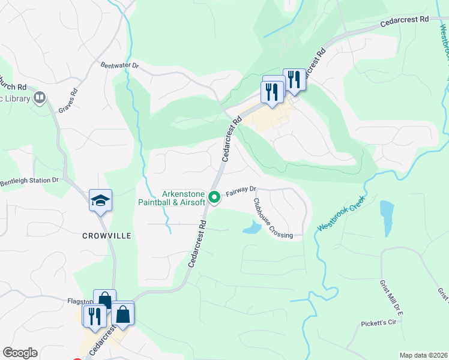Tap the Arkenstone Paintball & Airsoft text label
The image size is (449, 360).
184,198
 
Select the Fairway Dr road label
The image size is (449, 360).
241,191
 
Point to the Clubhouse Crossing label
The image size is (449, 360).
273,219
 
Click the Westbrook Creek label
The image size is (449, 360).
341,216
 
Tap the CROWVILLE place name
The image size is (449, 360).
106,236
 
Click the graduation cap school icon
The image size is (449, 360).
101,201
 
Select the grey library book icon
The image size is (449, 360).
40,97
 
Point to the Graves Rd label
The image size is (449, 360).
68,101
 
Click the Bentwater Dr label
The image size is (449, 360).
119,65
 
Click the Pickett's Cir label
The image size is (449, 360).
380,323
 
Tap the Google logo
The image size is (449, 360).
20,353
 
